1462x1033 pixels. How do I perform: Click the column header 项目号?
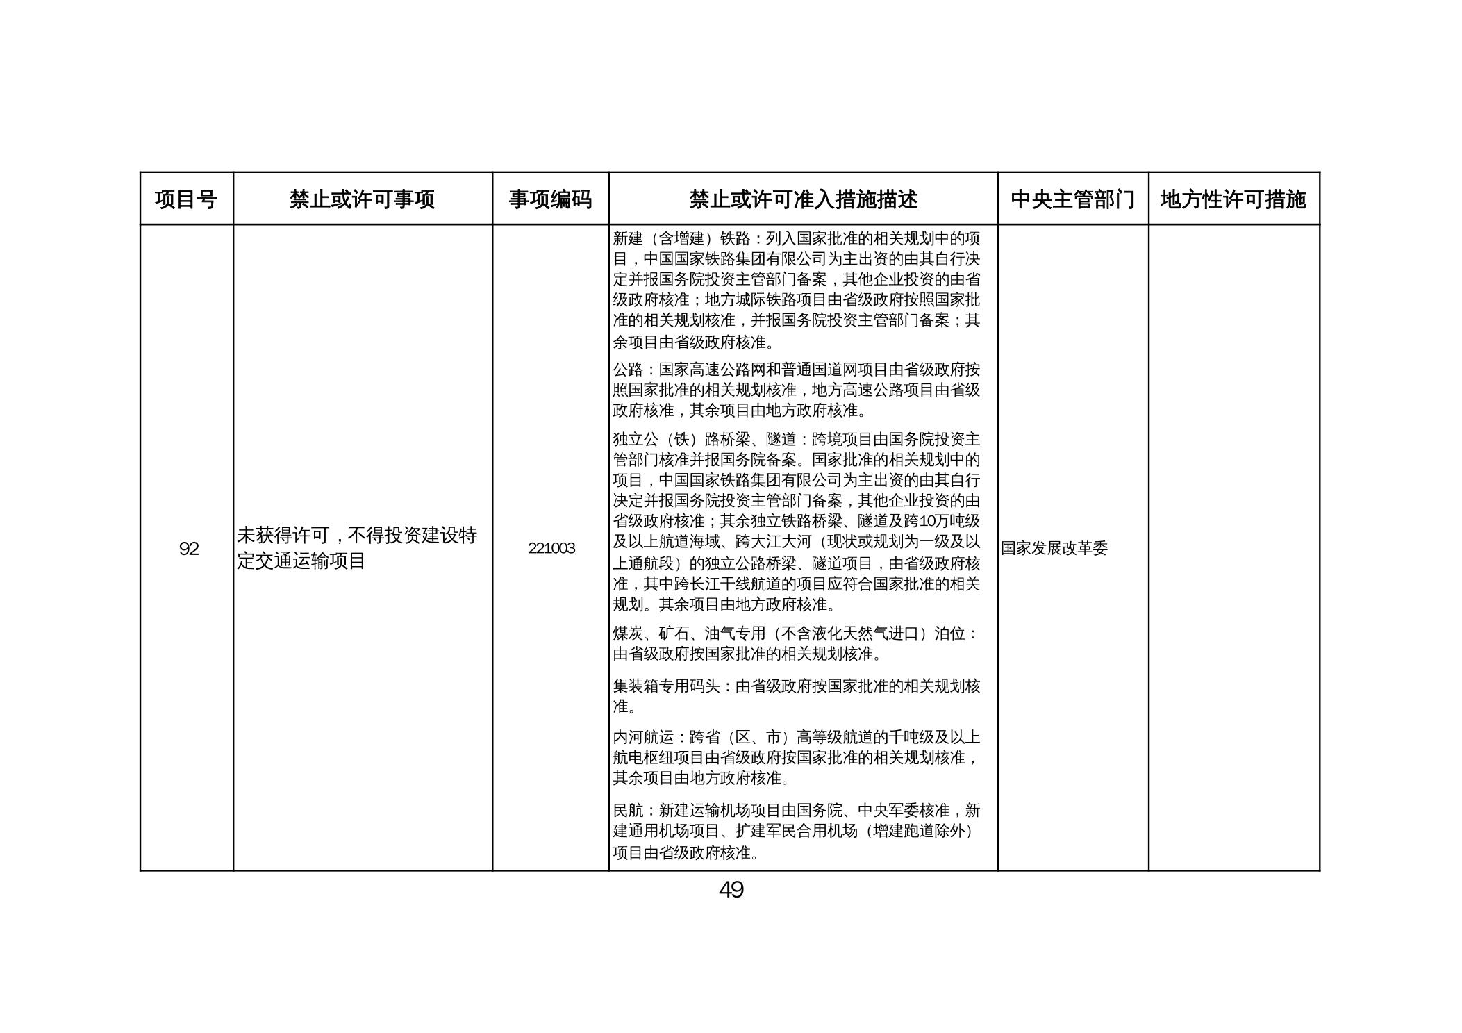[x=185, y=199]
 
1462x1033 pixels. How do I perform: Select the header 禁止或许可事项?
[x=362, y=199]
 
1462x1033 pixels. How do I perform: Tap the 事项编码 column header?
[x=550, y=199]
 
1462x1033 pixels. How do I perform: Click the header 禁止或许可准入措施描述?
[x=803, y=199]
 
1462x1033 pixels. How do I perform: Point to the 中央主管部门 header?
[x=1072, y=199]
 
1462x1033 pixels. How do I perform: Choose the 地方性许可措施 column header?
[x=1233, y=199]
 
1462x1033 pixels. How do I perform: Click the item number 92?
[x=188, y=549]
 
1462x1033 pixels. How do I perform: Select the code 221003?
[x=551, y=548]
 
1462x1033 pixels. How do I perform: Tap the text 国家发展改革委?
[x=1054, y=548]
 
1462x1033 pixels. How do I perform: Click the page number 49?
[x=731, y=890]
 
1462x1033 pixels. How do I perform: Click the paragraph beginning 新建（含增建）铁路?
[x=796, y=290]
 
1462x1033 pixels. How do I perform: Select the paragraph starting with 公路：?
[x=796, y=390]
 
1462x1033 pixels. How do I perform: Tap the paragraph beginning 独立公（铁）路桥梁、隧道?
[x=796, y=521]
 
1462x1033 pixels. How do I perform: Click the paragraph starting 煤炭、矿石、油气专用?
[x=796, y=643]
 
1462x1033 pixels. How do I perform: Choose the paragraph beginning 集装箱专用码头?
[x=796, y=696]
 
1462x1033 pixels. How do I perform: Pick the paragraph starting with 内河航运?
[x=796, y=757]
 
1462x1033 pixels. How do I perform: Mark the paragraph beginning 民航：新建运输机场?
[x=796, y=831]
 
